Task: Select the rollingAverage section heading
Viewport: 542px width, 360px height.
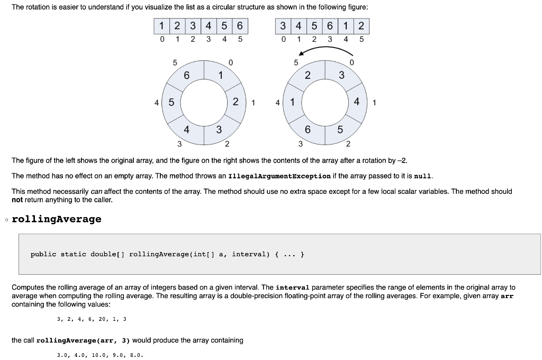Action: tap(57, 219)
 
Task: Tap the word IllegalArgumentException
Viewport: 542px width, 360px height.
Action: tap(279, 176)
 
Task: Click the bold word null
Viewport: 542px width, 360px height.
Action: tap(423, 176)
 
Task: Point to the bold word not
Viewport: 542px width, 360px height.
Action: tap(18, 200)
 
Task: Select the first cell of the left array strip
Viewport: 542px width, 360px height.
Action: tap(161, 25)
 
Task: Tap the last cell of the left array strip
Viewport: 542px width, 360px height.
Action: tap(240, 25)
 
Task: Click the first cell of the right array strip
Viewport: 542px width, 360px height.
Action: tap(284, 25)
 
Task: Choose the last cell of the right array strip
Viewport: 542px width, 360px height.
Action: tap(362, 25)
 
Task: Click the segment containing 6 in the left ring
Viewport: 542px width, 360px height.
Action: tap(186, 76)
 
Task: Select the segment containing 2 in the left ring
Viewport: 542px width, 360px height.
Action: tap(235, 101)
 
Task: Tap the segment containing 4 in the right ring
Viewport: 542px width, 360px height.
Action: tap(357, 101)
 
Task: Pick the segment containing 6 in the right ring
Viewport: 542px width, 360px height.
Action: tap(308, 129)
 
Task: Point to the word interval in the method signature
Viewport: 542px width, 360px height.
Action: tap(251, 254)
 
